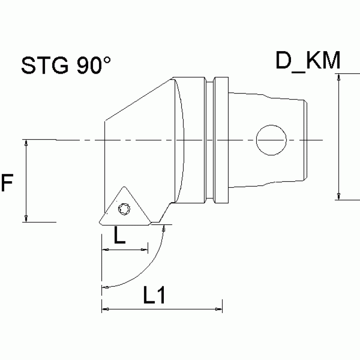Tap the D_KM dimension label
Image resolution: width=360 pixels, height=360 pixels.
[307, 61]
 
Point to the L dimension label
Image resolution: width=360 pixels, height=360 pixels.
[120, 236]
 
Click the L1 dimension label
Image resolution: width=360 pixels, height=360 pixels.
[153, 295]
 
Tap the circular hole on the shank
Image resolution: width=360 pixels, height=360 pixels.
[271, 140]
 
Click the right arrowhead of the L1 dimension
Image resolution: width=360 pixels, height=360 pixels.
[218, 309]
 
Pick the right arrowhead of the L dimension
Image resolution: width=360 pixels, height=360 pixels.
[145, 250]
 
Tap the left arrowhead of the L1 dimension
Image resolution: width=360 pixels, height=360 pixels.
[106, 309]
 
